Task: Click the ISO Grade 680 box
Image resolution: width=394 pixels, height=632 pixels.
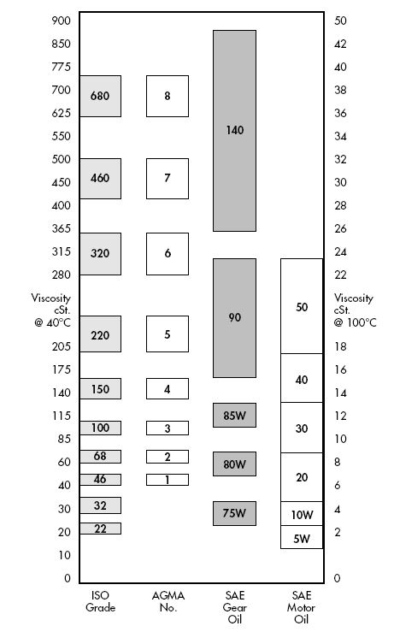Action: click(x=100, y=96)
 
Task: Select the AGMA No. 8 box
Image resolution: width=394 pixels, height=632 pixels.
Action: click(x=168, y=96)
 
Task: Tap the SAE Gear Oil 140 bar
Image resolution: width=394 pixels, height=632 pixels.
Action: click(x=234, y=131)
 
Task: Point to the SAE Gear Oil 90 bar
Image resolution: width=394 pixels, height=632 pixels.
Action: click(x=234, y=318)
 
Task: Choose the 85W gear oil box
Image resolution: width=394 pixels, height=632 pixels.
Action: click(x=234, y=415)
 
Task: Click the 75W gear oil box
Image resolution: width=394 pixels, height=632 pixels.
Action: click(x=234, y=513)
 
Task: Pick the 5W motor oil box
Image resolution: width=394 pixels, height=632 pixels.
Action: click(x=302, y=537)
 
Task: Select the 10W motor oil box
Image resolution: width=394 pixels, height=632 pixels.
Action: click(x=302, y=513)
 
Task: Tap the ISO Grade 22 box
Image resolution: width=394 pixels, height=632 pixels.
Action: click(x=100, y=529)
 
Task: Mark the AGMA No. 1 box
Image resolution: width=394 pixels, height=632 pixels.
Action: click(x=168, y=480)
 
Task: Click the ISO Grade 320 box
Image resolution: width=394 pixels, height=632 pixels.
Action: click(x=100, y=254)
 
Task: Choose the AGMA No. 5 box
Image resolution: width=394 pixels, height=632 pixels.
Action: click(x=168, y=334)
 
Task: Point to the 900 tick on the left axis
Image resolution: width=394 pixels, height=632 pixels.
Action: click(x=62, y=21)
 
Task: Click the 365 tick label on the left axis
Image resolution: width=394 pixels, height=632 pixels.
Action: click(x=62, y=228)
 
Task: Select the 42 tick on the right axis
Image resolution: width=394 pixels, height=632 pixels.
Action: click(x=340, y=44)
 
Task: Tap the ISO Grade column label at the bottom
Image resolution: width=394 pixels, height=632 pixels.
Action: click(x=100, y=601)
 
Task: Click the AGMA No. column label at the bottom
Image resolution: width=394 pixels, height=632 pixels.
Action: click(x=168, y=601)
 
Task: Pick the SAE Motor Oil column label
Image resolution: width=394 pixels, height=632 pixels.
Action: click(x=302, y=607)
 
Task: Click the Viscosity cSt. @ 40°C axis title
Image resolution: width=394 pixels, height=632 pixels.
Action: click(x=51, y=310)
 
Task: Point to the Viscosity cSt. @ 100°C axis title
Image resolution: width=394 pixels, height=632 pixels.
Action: click(x=355, y=310)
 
